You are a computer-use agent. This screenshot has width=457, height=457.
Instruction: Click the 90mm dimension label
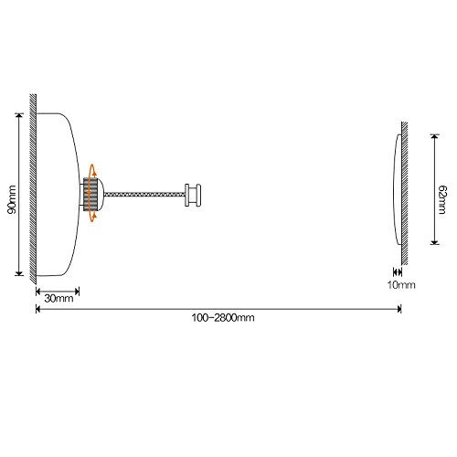click(12, 199)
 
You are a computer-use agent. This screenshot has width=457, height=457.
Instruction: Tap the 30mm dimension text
click(58, 298)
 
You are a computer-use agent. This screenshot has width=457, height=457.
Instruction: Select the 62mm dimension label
click(442, 199)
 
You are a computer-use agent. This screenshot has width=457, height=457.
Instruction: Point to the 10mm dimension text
click(401, 285)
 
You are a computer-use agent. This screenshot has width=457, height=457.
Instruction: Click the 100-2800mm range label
click(223, 318)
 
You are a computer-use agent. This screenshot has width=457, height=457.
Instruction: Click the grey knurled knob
click(90, 194)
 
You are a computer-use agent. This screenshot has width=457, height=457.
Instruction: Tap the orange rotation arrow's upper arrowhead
click(94, 174)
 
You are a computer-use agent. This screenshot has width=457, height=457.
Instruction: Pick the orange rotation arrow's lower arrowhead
click(94, 216)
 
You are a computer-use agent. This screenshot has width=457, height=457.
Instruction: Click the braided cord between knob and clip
click(144, 194)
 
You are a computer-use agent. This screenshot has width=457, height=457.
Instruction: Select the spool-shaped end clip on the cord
click(193, 195)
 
